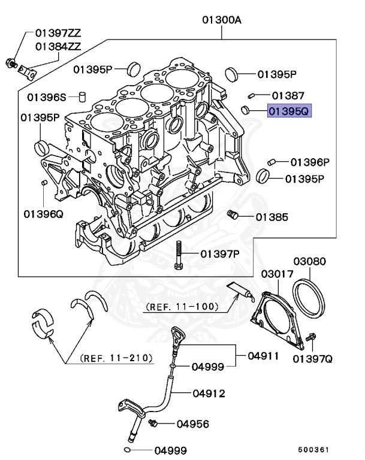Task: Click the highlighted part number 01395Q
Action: [x=289, y=111]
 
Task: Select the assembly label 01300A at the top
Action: [x=221, y=20]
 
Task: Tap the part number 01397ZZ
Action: [x=59, y=32]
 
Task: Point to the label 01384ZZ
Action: [x=59, y=46]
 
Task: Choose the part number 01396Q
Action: [x=43, y=213]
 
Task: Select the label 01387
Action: [x=288, y=95]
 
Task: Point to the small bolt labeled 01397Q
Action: [x=311, y=339]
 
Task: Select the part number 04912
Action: [x=209, y=394]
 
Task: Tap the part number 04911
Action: [x=264, y=355]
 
